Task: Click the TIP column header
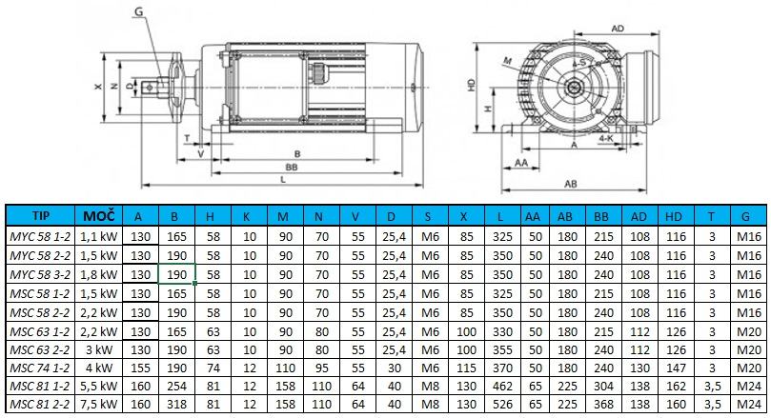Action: click(40, 215)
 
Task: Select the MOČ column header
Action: click(98, 215)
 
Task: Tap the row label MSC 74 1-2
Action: click(40, 368)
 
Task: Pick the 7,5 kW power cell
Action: click(99, 405)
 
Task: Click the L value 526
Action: click(502, 405)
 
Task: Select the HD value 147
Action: click(676, 368)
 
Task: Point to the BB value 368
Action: click(603, 405)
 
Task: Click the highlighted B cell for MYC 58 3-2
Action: click(176, 274)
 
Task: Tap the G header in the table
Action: click(745, 216)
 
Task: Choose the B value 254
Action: click(176, 386)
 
